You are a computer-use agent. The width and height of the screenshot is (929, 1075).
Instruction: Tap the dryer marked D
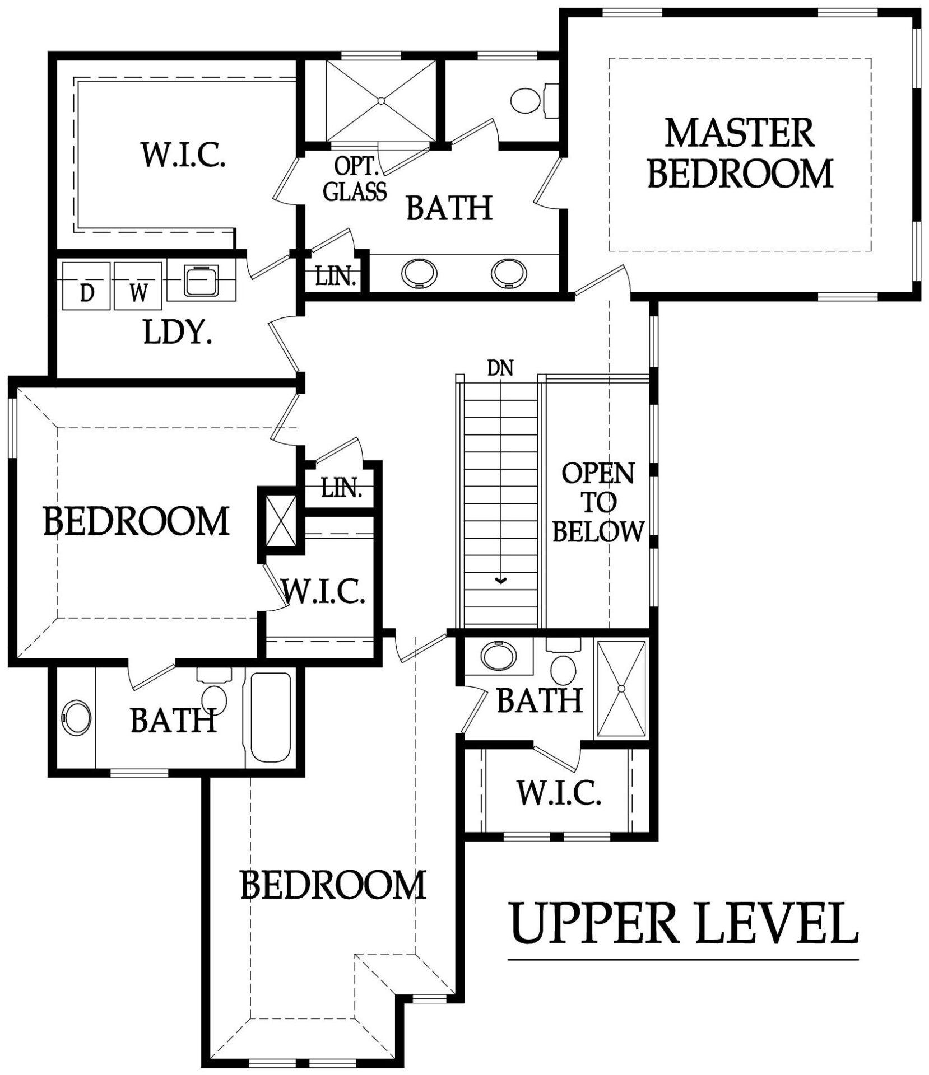click(x=86, y=286)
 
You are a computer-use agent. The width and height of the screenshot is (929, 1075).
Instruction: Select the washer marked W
click(x=138, y=286)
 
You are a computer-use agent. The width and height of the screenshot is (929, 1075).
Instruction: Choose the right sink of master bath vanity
click(x=509, y=273)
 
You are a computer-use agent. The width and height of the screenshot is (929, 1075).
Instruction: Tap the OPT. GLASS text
click(x=355, y=179)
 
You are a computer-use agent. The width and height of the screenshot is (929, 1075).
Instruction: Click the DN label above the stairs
click(x=500, y=368)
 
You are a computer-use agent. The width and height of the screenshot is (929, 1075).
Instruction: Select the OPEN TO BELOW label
click(x=598, y=502)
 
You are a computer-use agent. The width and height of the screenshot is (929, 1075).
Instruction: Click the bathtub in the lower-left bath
click(x=271, y=717)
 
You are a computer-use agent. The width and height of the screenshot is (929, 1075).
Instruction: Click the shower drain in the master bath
click(x=381, y=101)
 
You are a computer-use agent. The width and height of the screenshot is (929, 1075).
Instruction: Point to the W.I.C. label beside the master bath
click(x=183, y=155)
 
